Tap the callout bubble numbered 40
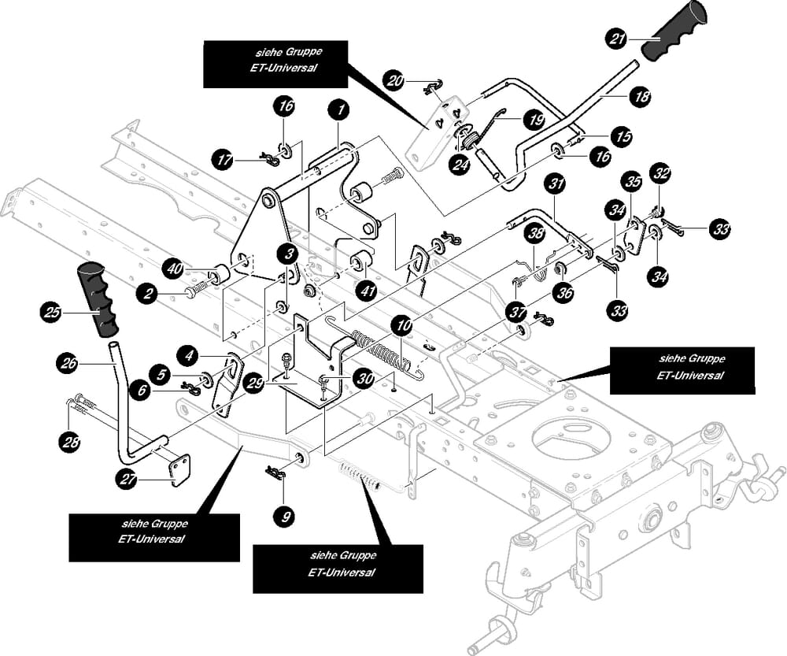(175, 269)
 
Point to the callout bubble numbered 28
(72, 443)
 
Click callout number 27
(127, 477)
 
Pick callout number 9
(285, 517)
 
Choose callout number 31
(556, 185)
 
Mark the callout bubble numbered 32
(660, 172)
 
